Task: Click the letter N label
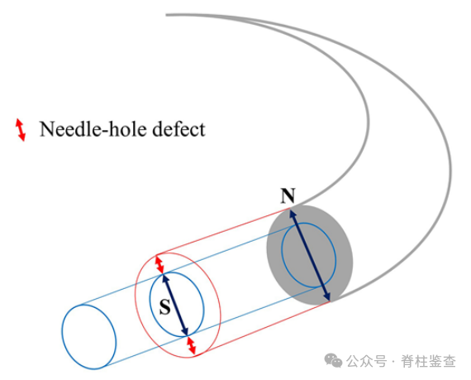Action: click(288, 195)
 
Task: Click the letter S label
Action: click(165, 307)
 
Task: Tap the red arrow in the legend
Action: click(21, 130)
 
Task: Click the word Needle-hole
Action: click(93, 129)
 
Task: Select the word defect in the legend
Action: click(178, 129)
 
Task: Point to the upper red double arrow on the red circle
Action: click(159, 264)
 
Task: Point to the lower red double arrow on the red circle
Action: click(192, 346)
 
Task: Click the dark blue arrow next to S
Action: click(175, 305)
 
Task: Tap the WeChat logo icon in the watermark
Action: click(333, 360)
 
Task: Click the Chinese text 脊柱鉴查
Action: click(428, 361)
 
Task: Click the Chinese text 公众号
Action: click(366, 361)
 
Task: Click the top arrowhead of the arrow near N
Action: click(293, 214)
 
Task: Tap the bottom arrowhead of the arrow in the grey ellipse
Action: click(328, 297)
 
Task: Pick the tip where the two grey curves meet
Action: click(167, 14)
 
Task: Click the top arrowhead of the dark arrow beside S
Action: click(164, 277)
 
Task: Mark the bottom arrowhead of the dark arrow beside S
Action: click(186, 332)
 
